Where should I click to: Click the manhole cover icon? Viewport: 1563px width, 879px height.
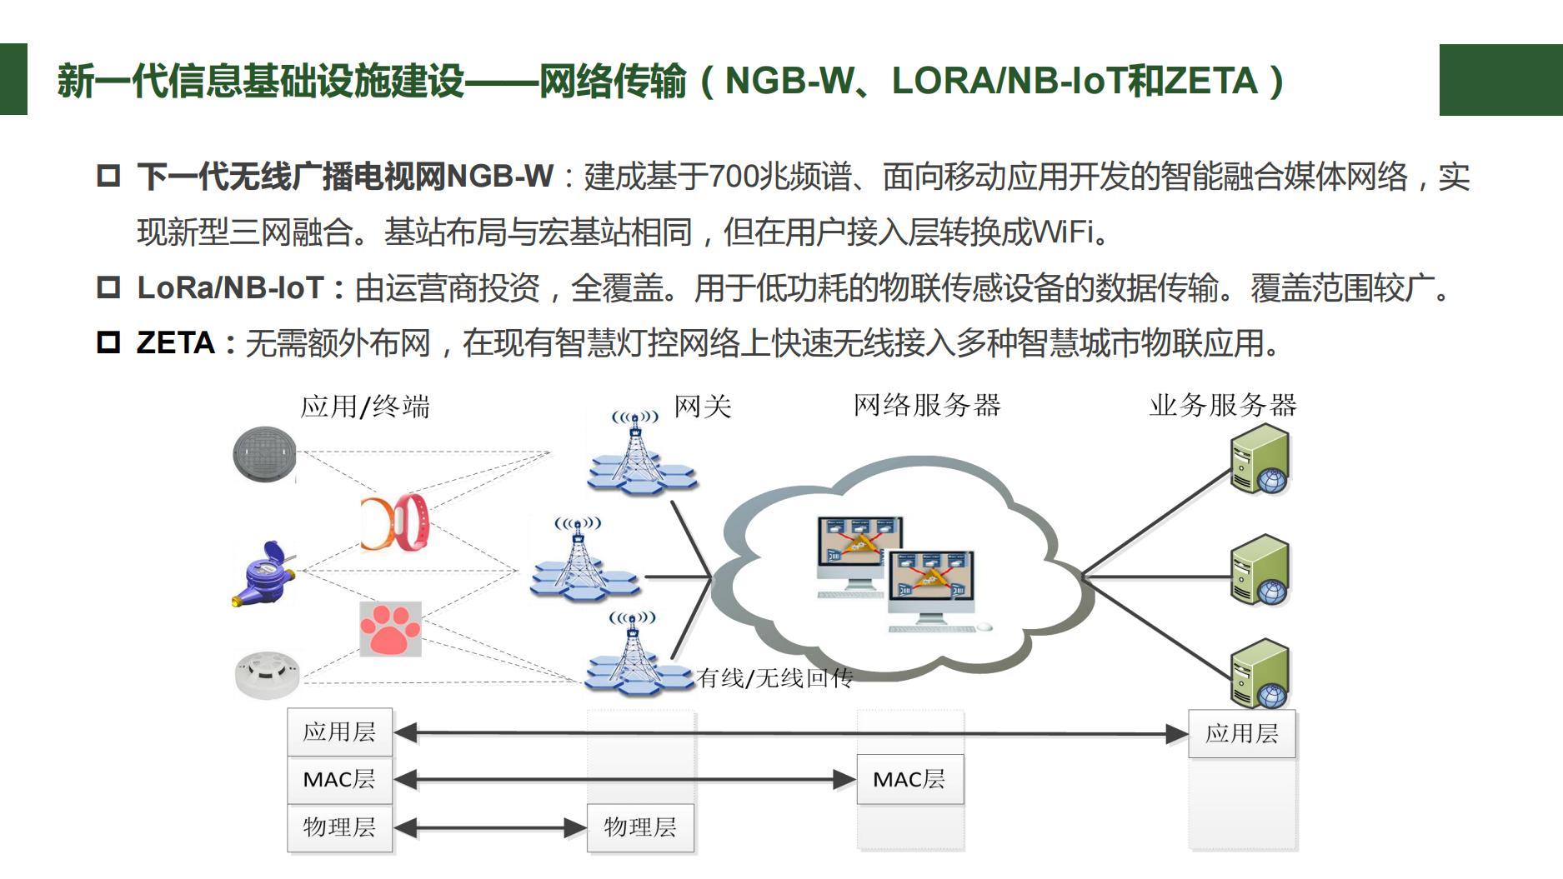tap(264, 454)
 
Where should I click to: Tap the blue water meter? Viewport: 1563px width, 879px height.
tap(263, 573)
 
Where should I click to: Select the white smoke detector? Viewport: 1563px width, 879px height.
tap(267, 673)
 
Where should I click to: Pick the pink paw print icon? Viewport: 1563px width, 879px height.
tap(390, 629)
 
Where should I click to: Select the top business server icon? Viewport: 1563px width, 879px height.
tap(1260, 459)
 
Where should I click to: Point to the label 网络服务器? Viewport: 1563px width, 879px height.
tap(926, 406)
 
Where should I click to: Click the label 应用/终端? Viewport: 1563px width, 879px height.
tap(365, 407)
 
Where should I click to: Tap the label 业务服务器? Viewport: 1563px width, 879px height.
tap(1223, 406)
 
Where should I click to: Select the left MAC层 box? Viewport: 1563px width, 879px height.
tap(339, 780)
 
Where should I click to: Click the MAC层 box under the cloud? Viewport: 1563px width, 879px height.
tap(909, 780)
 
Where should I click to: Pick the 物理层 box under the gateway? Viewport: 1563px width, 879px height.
tap(640, 827)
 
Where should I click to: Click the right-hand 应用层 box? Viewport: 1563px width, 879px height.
tap(1242, 734)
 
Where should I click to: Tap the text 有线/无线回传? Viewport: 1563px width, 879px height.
tap(774, 678)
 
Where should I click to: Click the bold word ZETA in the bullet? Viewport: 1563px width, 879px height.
tap(176, 343)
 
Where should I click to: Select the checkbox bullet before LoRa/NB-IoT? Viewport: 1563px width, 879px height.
tap(108, 288)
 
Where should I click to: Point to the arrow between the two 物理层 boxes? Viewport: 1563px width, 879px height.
tap(490, 828)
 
